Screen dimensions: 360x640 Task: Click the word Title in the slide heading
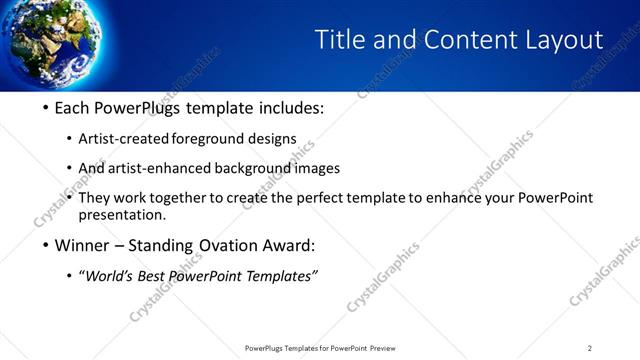(335, 40)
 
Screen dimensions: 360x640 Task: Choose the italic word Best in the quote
(155, 276)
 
